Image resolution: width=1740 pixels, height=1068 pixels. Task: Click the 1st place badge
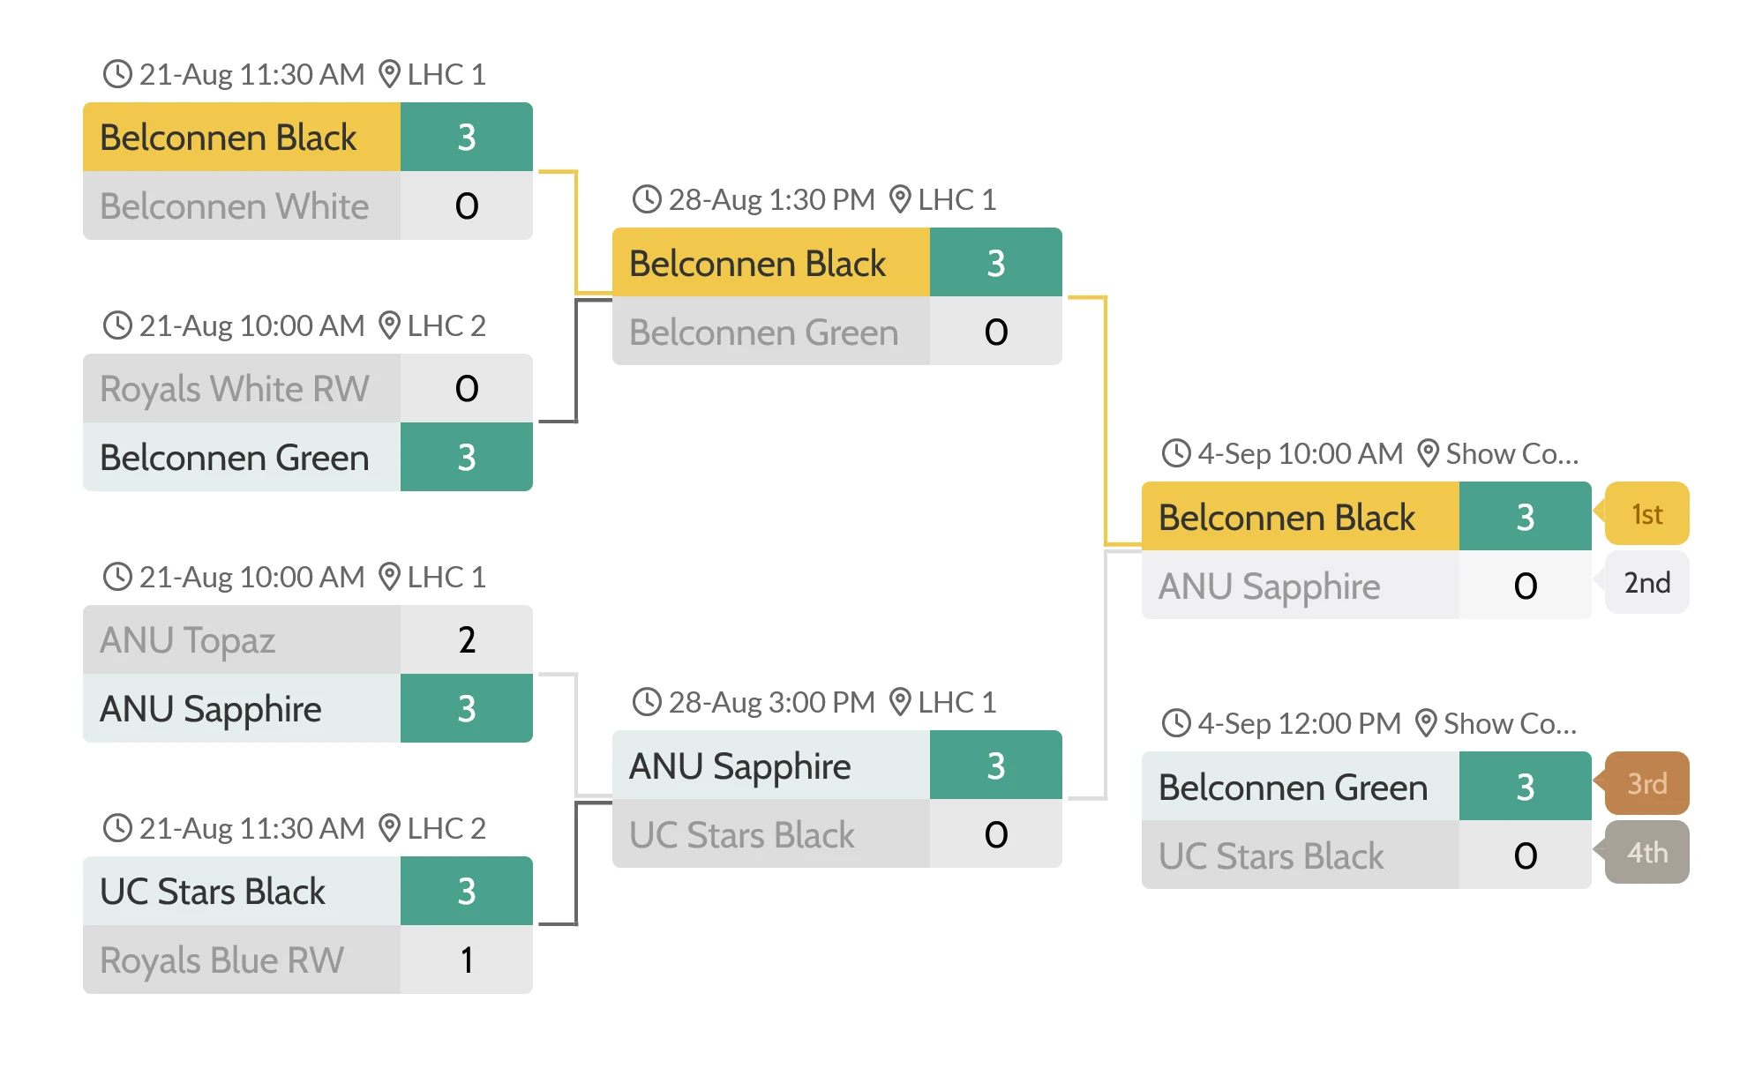1646,514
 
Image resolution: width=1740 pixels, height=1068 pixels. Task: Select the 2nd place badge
1646,583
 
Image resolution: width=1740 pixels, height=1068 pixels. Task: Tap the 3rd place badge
1646,784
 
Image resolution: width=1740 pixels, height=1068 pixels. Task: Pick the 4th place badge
1646,853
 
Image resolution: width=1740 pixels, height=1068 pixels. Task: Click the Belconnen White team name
234,206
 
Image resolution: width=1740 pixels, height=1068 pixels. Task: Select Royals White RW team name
234,389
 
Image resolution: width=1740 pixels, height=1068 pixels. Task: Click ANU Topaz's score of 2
466,639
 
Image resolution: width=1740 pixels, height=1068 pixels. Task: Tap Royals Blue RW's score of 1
466,960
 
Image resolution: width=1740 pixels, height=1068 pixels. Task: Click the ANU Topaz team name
187,640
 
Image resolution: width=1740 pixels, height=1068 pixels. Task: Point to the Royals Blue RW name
221,960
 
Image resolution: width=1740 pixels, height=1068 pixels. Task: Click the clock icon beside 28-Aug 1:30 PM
647,199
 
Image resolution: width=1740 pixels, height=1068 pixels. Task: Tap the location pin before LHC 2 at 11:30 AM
389,828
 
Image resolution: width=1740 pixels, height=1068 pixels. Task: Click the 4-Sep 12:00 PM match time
1299,724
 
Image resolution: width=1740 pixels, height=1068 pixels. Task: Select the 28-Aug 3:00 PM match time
771,703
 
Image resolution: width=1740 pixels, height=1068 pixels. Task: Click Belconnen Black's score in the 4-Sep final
1525,517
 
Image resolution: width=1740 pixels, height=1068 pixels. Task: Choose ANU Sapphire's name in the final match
1268,586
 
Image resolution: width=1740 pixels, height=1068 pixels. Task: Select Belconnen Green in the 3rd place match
1292,788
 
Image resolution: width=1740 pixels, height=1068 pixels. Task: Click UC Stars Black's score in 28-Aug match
995,834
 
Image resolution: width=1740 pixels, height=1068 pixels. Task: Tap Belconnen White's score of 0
466,206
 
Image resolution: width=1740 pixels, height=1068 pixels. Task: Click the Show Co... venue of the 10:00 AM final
1511,454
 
